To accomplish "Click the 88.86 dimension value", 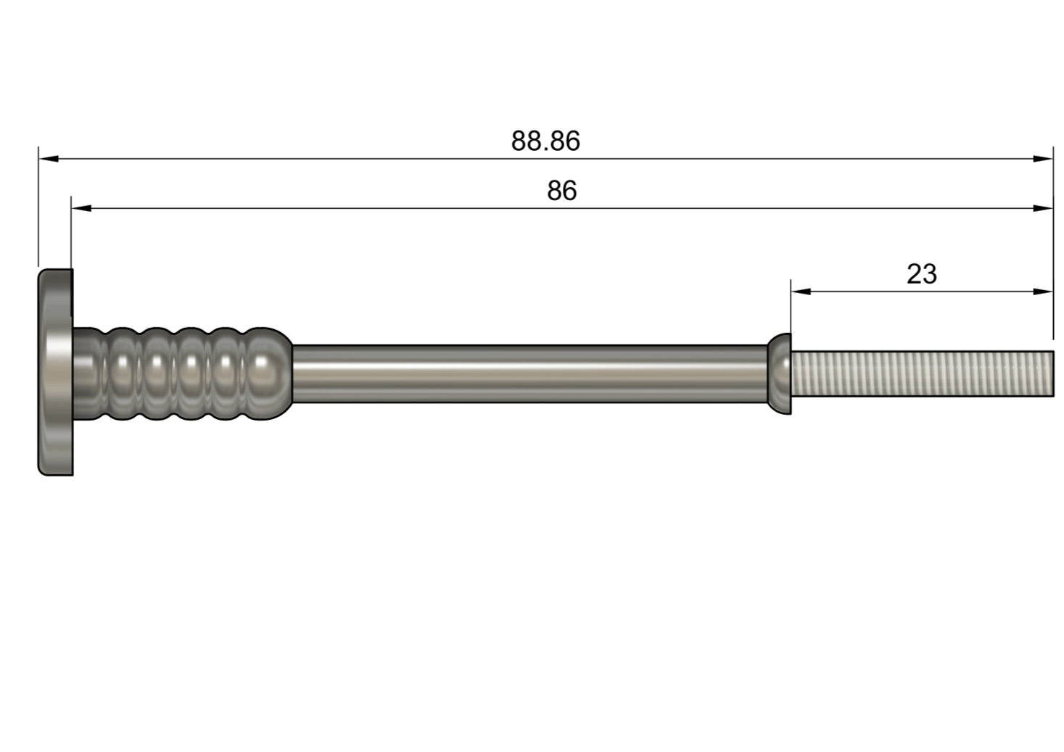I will click(x=545, y=141).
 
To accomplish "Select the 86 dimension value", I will click(x=561, y=191).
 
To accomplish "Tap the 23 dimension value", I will click(x=921, y=274).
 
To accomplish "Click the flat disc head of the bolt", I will click(x=55, y=373).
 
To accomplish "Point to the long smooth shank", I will click(x=529, y=373).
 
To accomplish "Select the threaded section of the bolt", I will click(x=921, y=373).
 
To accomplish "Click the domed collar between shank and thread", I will click(x=780, y=373).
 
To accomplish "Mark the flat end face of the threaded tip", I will click(x=1052, y=373).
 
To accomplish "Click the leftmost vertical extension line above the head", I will click(x=38, y=210).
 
